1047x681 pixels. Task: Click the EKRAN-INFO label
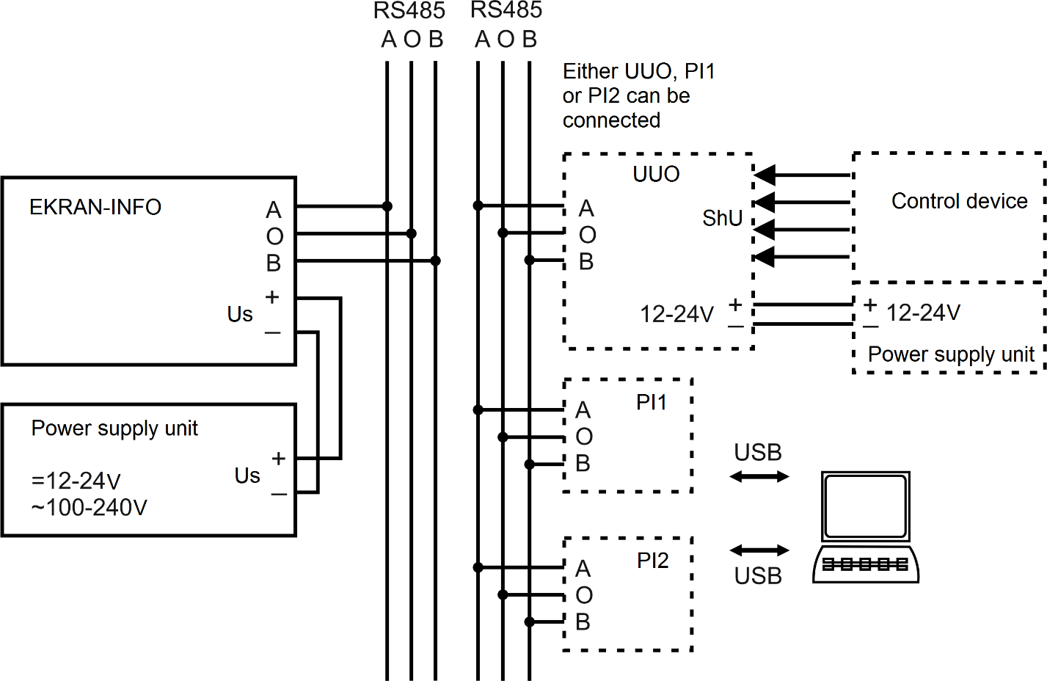(95, 207)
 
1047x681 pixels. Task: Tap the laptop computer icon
(866, 527)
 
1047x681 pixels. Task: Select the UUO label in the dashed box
(656, 174)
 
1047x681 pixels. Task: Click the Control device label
(960, 201)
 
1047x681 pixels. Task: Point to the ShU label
(723, 218)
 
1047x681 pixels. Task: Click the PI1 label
(651, 402)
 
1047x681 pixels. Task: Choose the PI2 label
(652, 561)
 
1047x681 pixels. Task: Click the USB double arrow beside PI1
(759, 477)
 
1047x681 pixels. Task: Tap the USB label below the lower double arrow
(758, 576)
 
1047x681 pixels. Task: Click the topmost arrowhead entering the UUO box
(765, 175)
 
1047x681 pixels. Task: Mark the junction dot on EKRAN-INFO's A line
(387, 206)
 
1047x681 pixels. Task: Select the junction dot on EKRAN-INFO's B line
(435, 261)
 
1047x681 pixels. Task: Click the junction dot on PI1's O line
(503, 437)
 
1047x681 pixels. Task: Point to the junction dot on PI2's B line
(529, 622)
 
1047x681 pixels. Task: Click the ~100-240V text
(90, 508)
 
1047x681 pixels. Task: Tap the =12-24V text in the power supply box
(76, 481)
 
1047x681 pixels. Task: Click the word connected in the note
(611, 120)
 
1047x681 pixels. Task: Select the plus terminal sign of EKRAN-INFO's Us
(272, 296)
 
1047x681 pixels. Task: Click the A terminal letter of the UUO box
(586, 208)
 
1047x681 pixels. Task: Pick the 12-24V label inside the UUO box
(676, 314)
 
